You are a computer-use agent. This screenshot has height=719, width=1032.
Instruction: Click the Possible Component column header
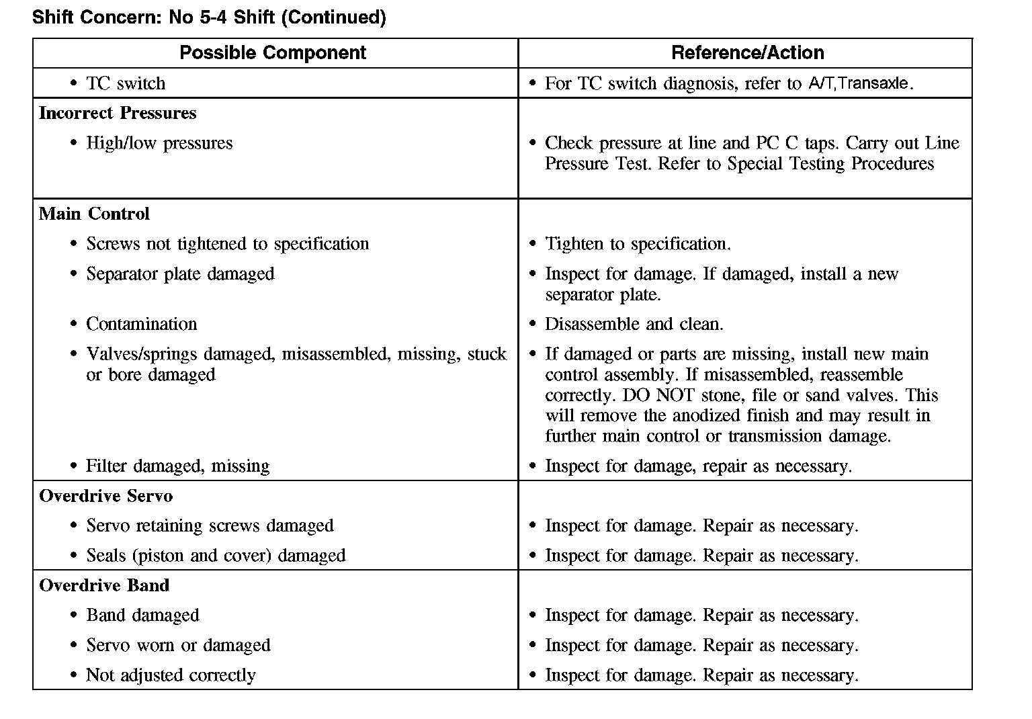click(x=273, y=53)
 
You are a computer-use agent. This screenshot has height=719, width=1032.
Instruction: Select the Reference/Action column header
click(x=747, y=53)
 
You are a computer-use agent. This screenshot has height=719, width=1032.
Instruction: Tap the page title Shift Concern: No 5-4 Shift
click(x=209, y=17)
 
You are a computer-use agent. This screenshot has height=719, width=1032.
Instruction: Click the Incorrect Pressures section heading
click(x=118, y=113)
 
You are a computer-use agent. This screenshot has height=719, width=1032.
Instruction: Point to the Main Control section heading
click(x=94, y=214)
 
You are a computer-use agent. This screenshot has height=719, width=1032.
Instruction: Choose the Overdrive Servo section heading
click(x=106, y=496)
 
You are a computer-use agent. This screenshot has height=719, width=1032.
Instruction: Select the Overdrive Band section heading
click(x=104, y=585)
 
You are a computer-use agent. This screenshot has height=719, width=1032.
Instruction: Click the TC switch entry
click(x=126, y=83)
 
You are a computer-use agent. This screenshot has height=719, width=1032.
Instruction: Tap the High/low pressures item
click(x=159, y=143)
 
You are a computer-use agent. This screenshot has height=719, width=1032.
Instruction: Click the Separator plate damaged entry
click(x=180, y=274)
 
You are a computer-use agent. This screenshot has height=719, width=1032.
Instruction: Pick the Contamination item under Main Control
click(x=142, y=324)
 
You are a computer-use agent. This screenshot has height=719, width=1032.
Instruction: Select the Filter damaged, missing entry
click(x=177, y=466)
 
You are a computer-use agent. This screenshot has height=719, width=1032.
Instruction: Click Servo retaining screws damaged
click(x=210, y=525)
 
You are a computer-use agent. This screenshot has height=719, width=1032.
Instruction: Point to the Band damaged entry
click(x=142, y=616)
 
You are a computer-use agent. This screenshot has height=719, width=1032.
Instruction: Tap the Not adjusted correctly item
click(x=171, y=675)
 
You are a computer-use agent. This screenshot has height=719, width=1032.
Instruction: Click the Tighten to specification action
click(x=638, y=244)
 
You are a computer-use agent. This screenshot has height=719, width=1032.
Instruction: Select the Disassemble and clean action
click(x=634, y=324)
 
